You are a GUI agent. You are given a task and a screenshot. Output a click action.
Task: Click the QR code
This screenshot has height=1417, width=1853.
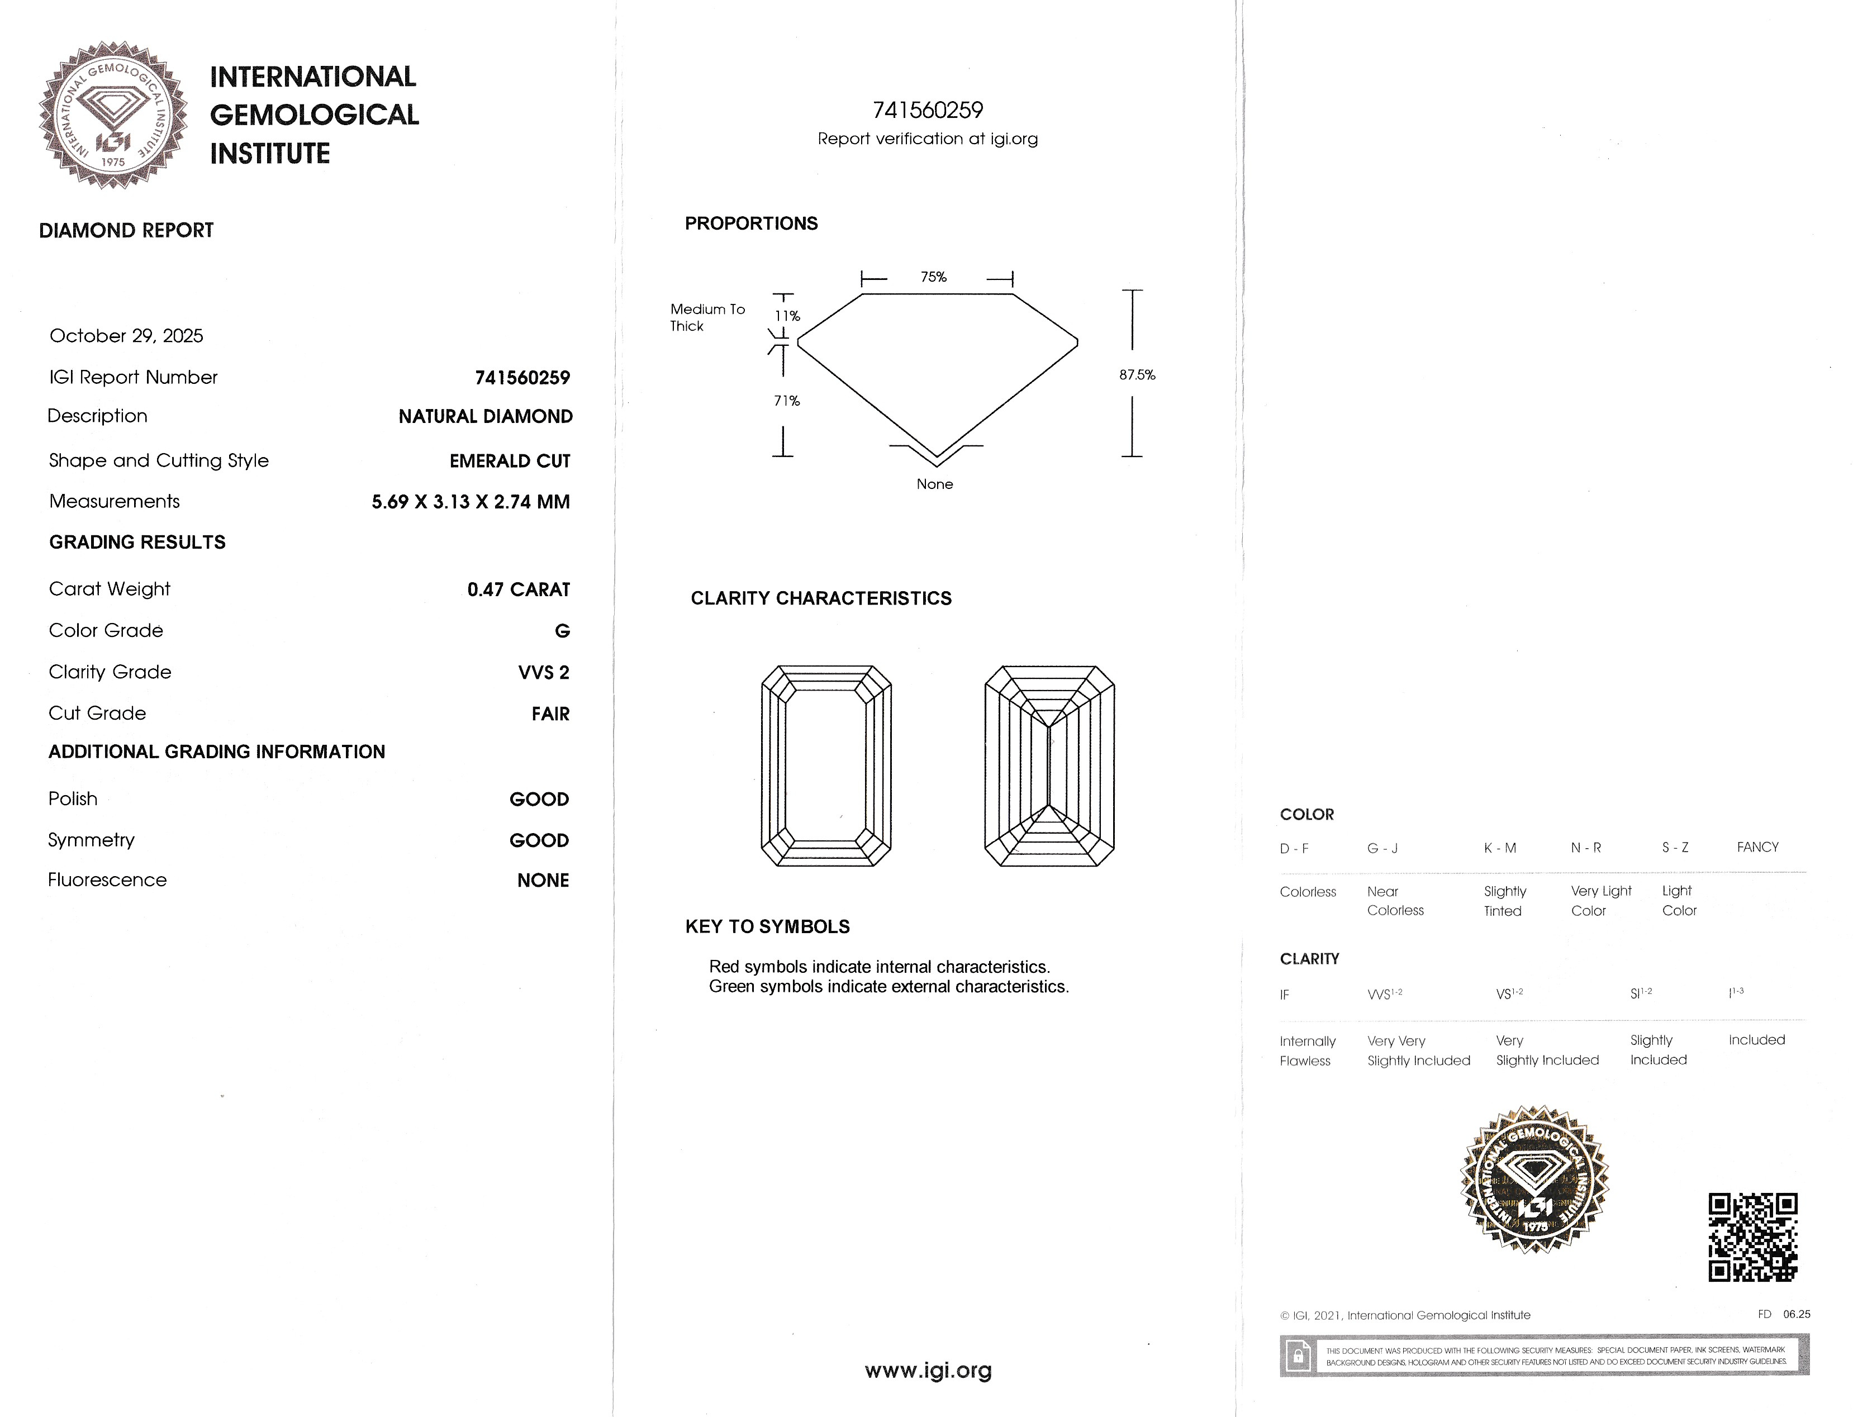(x=1752, y=1237)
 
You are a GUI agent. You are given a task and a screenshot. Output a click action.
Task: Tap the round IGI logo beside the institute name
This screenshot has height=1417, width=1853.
(x=112, y=115)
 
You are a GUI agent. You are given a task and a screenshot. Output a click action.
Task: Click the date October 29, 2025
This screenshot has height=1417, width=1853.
(x=126, y=336)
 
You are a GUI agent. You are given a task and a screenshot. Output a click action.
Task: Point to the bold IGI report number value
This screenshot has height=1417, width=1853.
(x=522, y=378)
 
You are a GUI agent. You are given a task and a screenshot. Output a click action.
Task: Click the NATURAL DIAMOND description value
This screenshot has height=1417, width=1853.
(x=485, y=417)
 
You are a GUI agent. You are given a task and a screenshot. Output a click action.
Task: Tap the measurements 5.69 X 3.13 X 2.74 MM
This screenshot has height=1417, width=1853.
(x=471, y=502)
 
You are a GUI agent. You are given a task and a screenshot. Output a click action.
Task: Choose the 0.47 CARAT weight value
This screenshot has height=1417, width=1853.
(x=518, y=589)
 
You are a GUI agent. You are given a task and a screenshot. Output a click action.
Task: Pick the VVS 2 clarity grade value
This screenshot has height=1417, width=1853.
(x=543, y=672)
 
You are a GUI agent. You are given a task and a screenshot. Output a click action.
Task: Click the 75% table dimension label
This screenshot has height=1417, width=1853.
(x=934, y=277)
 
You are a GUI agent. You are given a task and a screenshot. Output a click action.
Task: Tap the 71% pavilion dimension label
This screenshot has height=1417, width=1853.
(x=787, y=401)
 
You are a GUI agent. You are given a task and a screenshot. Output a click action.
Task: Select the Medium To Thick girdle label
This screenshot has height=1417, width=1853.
(x=707, y=317)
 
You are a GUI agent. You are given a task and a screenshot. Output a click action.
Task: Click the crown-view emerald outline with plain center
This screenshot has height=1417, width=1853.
(x=826, y=765)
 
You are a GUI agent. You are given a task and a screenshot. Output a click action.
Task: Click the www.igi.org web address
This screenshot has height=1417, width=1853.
(x=928, y=1371)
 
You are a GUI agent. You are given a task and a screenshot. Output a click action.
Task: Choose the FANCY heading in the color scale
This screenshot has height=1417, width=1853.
(x=1757, y=847)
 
